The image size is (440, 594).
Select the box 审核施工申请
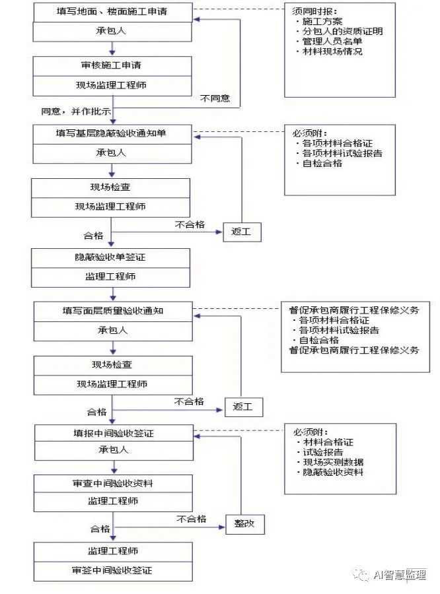pyautogui.click(x=112, y=65)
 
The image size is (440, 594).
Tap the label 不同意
pyautogui.click(x=215, y=98)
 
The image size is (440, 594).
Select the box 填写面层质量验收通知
pyautogui.click(x=112, y=310)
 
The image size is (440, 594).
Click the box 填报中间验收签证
pyautogui.click(x=112, y=434)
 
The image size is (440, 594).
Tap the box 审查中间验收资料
pyautogui.click(x=112, y=484)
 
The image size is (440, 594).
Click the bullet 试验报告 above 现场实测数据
pyautogui.click(x=322, y=452)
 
